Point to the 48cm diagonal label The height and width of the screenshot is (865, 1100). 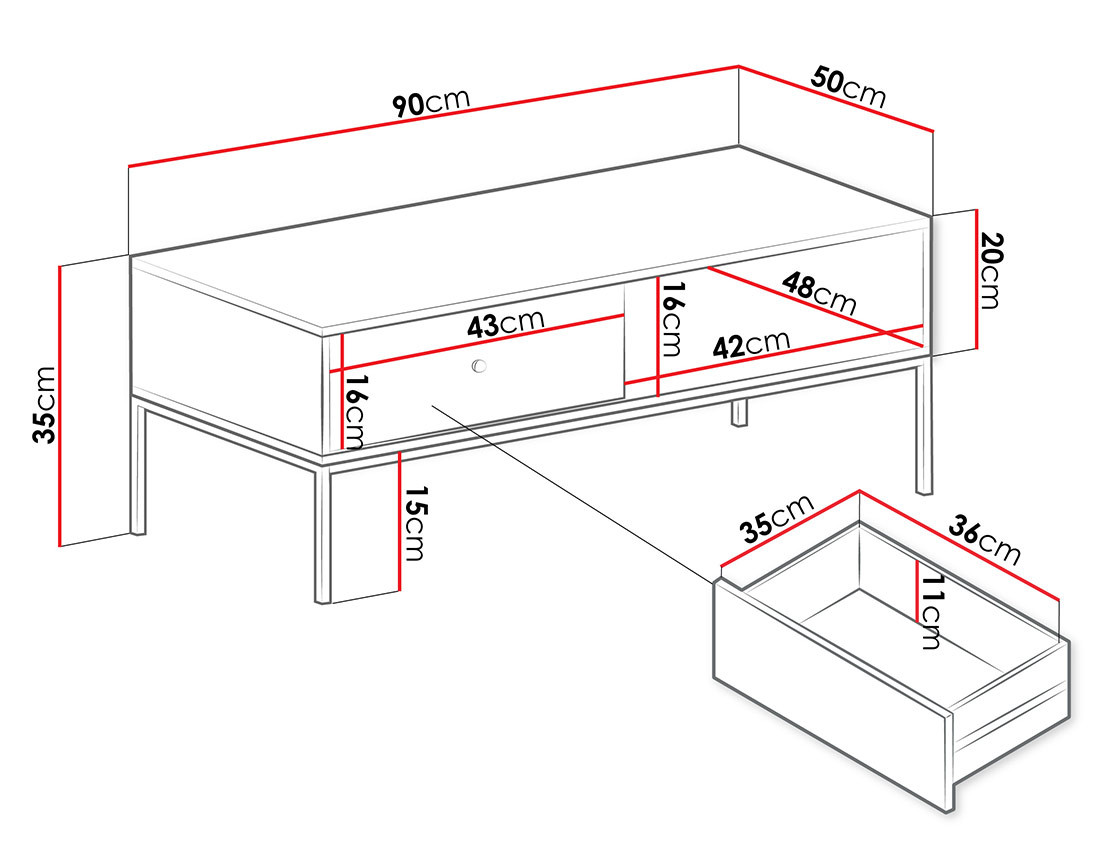tap(819, 292)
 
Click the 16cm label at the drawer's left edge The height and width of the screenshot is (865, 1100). tap(355, 412)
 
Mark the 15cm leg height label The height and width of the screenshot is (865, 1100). tap(415, 523)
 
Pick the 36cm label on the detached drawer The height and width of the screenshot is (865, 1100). tap(984, 539)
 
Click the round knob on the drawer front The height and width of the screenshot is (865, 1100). tap(479, 367)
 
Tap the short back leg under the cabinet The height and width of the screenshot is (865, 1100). tap(739, 412)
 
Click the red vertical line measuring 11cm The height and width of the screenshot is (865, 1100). tap(917, 590)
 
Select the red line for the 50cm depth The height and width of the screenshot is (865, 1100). tap(835, 98)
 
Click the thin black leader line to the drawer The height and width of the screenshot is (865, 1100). tap(570, 490)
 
